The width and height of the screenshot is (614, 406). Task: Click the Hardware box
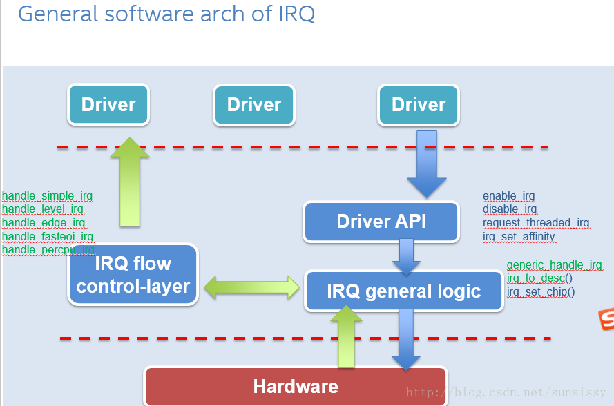click(296, 386)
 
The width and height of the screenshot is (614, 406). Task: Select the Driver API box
click(381, 221)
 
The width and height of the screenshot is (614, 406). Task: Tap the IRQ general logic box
click(404, 291)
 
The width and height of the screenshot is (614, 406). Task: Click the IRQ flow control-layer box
click(133, 275)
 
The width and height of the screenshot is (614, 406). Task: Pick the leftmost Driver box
click(108, 105)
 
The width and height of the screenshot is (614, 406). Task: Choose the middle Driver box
click(254, 105)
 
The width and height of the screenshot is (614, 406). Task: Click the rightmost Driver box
click(419, 105)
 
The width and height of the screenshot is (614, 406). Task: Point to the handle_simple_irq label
click(47, 196)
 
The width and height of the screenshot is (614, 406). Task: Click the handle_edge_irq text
click(44, 223)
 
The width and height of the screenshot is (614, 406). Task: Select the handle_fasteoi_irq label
click(48, 237)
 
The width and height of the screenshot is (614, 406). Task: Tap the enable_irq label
click(509, 197)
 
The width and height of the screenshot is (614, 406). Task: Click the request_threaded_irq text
click(536, 223)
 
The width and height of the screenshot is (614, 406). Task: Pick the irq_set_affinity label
click(519, 237)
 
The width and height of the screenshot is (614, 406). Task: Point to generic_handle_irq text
click(555, 265)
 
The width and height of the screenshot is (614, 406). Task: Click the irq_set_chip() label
click(541, 292)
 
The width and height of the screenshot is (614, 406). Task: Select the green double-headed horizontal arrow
click(251, 287)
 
